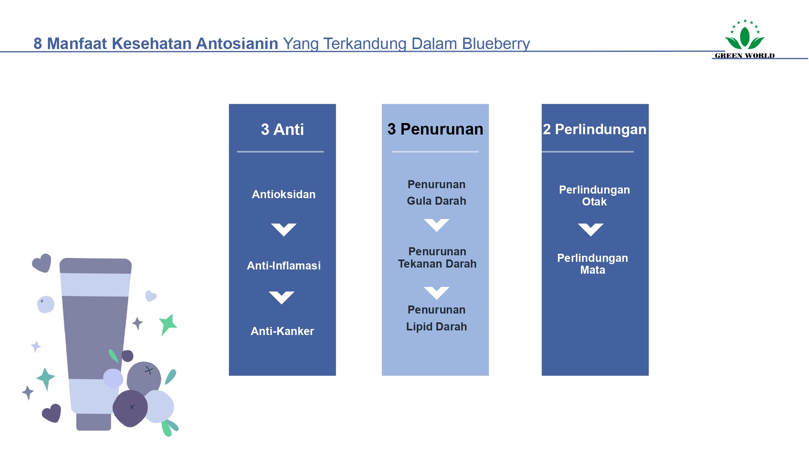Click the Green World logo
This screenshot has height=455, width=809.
point(745,39)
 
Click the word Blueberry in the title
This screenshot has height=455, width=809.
point(496,44)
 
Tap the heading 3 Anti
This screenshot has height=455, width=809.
point(282,130)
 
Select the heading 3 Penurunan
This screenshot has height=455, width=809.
point(435,129)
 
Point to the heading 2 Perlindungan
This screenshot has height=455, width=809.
point(595,130)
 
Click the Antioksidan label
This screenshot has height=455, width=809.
point(284,194)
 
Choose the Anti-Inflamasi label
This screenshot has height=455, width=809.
point(284,266)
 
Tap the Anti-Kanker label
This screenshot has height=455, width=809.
point(282,331)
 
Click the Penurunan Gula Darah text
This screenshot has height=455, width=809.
point(436,192)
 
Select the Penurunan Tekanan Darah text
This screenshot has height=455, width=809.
point(437,258)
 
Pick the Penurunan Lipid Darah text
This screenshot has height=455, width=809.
point(436,318)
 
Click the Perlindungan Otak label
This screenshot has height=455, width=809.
point(594,195)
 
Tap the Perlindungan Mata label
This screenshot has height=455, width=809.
point(592,264)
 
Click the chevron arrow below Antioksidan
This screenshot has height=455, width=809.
point(284,230)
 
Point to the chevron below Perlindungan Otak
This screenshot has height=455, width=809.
point(590,230)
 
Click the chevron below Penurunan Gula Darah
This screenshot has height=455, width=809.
point(436,225)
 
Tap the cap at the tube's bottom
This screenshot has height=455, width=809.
point(94,422)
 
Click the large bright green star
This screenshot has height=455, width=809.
point(168,324)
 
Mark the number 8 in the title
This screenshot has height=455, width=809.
point(38,44)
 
